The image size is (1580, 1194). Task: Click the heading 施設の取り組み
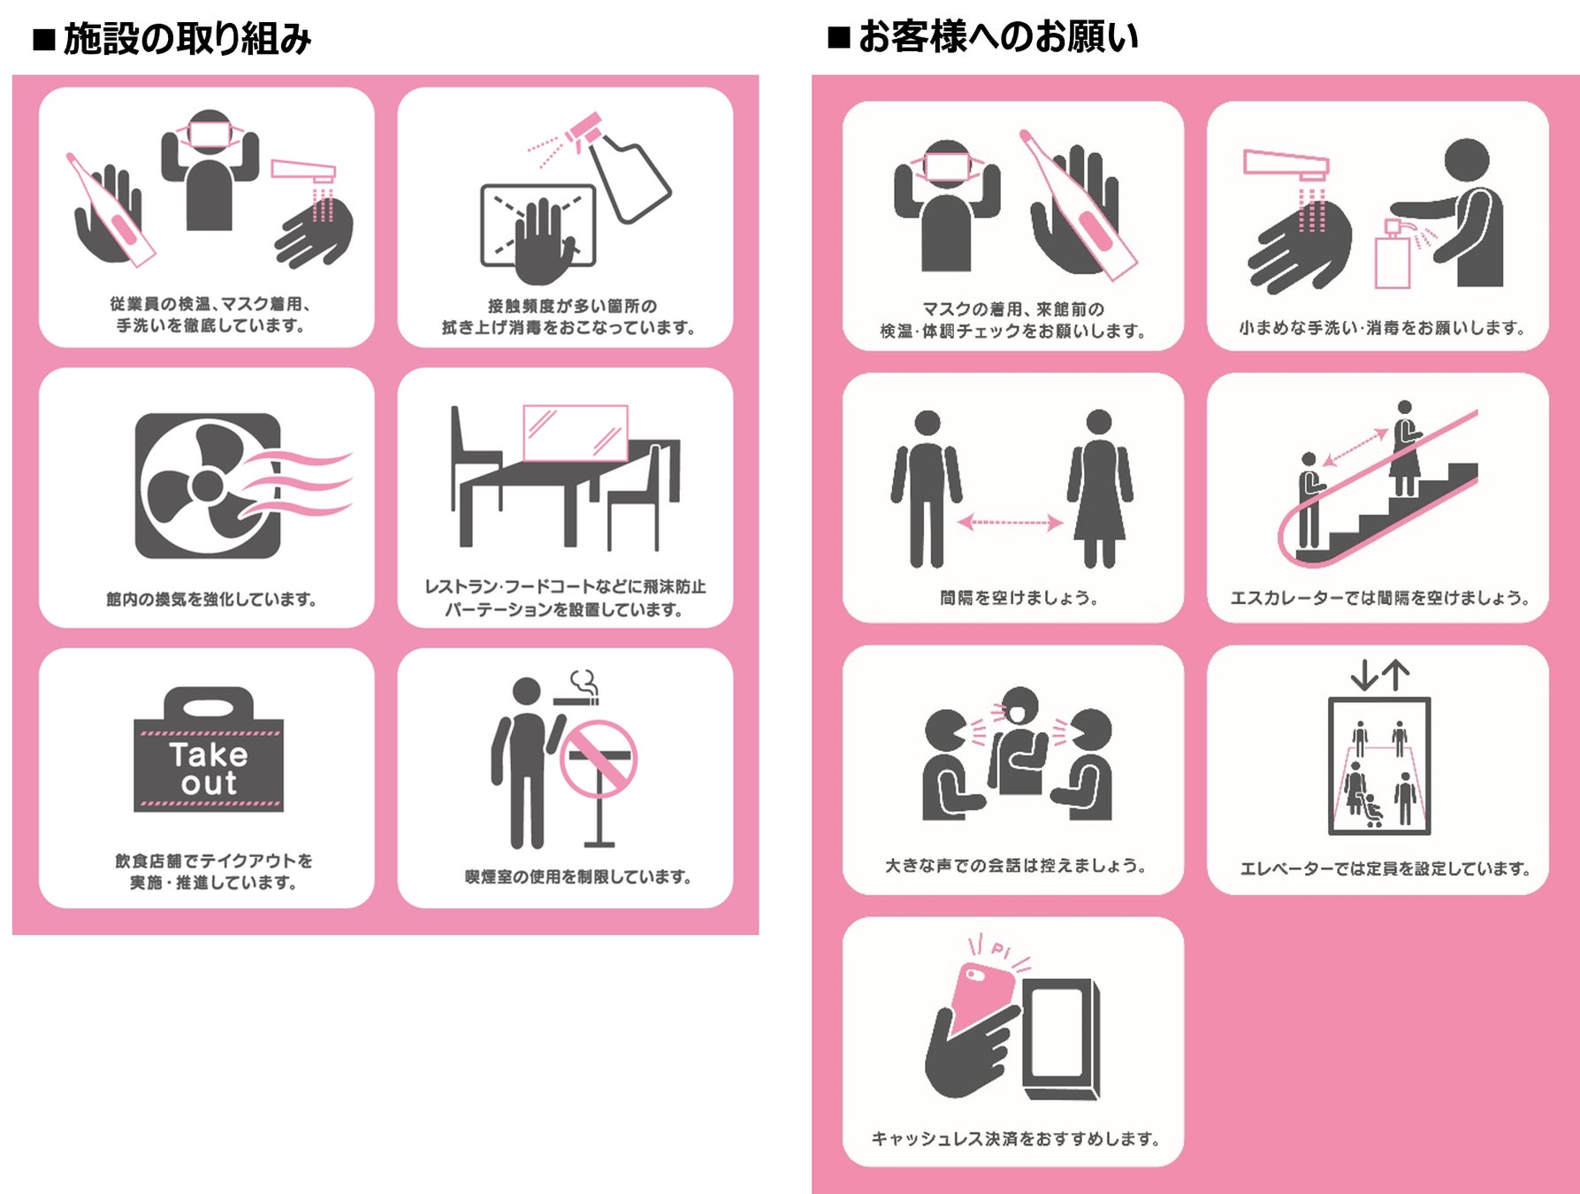187,39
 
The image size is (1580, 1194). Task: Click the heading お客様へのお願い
997,37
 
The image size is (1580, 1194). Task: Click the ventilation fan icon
209,486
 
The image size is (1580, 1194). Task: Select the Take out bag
209,752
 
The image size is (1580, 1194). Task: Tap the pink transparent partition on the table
575,433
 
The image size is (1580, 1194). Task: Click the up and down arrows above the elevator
1379,676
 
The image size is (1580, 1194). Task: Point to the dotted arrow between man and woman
1011,522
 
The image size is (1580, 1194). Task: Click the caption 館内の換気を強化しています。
211,600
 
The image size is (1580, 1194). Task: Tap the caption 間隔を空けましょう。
1019,599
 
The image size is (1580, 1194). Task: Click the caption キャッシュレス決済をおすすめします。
1015,1139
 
